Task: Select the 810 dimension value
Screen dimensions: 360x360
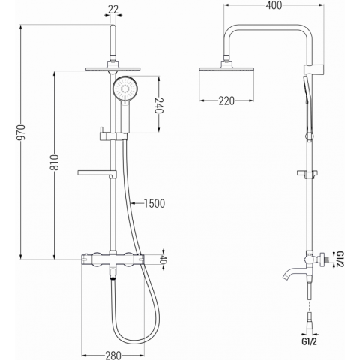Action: click(55, 163)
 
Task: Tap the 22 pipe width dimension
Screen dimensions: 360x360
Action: click(113, 10)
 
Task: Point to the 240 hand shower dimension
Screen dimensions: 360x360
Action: click(159, 105)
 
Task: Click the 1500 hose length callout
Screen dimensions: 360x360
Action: click(154, 204)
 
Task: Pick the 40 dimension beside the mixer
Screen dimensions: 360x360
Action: click(163, 259)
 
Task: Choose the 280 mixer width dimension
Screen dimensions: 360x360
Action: click(113, 355)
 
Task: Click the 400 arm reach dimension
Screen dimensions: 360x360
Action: click(274, 5)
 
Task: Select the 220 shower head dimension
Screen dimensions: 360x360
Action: click(226, 100)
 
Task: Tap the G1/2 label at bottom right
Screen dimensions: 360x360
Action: click(309, 341)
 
